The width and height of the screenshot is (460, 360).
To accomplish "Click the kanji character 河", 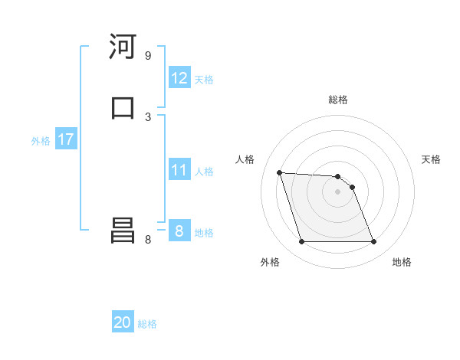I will tap(123, 47).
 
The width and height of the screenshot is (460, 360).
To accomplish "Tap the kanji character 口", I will tap(123, 108).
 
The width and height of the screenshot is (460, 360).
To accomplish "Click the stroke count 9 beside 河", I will tap(148, 56).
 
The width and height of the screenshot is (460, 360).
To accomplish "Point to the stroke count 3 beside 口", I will tap(148, 116).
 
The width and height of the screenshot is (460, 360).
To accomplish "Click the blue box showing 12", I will tap(179, 78).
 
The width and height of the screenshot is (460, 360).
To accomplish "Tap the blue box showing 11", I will tap(179, 170).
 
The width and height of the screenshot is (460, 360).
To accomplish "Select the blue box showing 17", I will tap(65, 140).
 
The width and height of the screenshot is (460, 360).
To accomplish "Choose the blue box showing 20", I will tap(123, 323).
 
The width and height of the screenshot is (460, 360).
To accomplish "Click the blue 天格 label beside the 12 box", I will tap(204, 80).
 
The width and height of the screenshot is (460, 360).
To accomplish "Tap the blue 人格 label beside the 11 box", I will tap(204, 172).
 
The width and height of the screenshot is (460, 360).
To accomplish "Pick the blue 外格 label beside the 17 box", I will tap(41, 141).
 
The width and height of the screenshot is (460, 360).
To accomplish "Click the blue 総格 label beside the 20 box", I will tap(147, 324).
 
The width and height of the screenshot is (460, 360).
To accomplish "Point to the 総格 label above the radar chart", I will tap(338, 100).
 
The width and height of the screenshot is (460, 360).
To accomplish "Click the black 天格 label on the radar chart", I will tap(432, 159).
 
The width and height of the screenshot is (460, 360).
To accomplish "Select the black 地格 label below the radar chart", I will tap(402, 263).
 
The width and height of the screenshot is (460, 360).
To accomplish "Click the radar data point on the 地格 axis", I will tap(373, 242).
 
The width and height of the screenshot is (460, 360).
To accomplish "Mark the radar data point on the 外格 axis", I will tap(301, 242).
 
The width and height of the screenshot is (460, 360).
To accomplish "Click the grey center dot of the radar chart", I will tap(337, 191).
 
